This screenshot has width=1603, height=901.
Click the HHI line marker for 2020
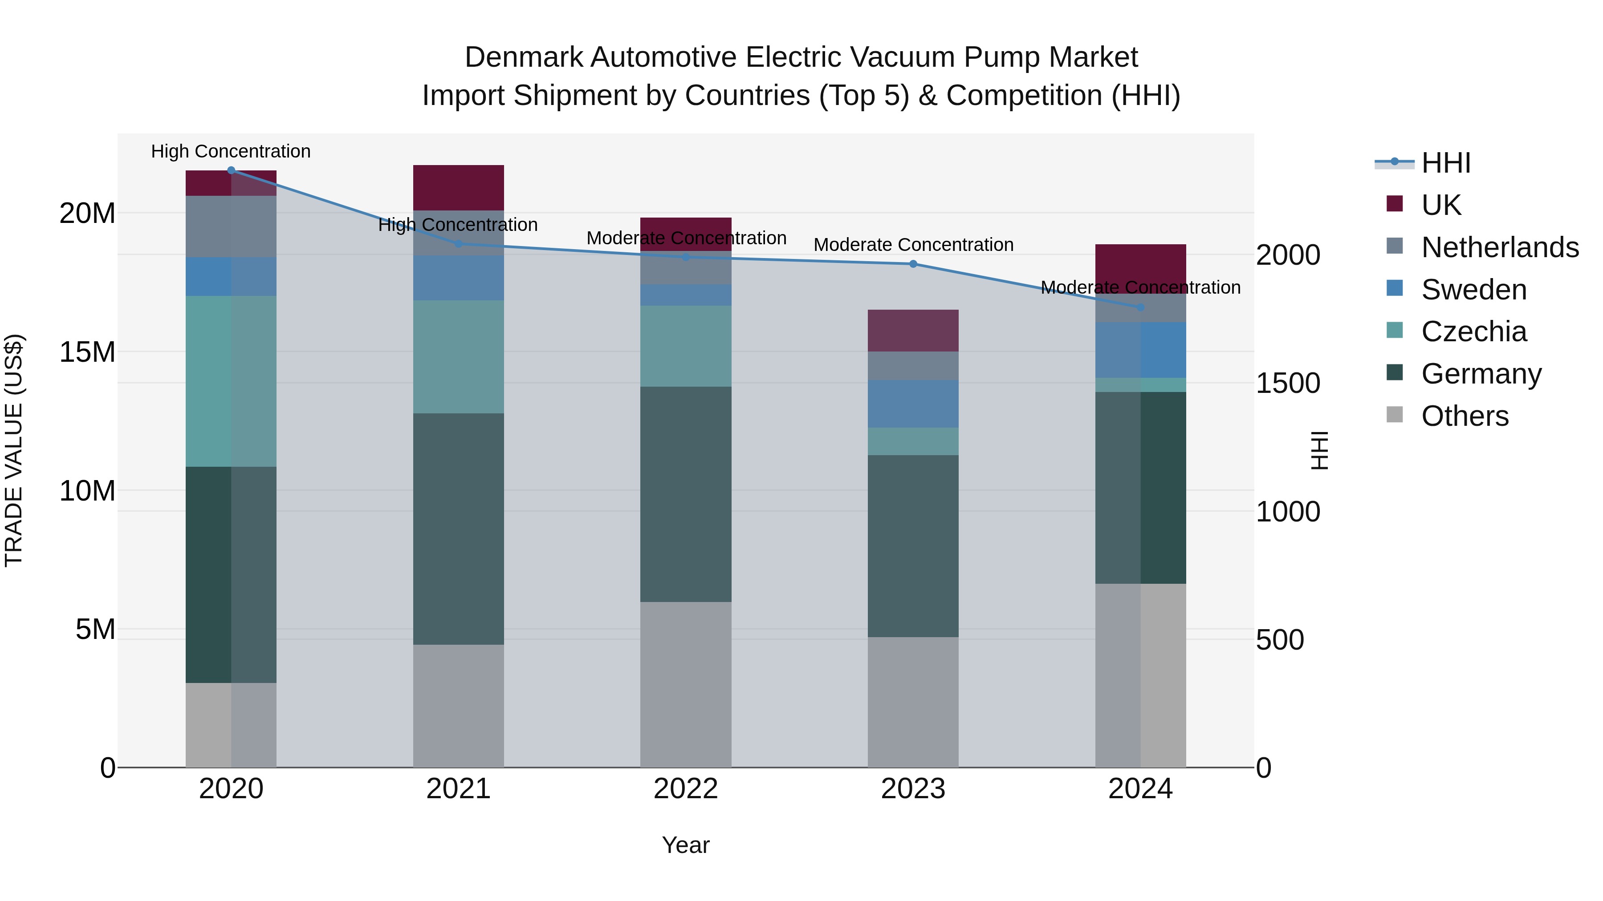231,170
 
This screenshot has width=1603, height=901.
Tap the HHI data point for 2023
913,264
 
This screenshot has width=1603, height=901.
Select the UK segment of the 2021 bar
458,187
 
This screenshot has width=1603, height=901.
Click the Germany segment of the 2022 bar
686,494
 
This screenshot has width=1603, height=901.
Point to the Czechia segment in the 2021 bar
458,357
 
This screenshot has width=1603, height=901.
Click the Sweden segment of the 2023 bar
913,404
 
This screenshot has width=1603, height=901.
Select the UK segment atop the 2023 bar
913,330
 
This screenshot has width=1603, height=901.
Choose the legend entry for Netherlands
1500,247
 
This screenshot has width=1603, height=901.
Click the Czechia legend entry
1473,331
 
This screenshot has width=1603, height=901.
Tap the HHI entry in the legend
1445,163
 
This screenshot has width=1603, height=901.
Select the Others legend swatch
1395,415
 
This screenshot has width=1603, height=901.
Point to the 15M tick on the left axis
87,352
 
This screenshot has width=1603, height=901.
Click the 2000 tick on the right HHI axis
1287,255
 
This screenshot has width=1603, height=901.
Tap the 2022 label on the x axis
686,789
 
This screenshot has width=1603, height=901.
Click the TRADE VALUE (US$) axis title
14,450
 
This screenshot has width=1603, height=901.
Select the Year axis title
686,845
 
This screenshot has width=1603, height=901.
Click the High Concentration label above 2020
231,151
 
